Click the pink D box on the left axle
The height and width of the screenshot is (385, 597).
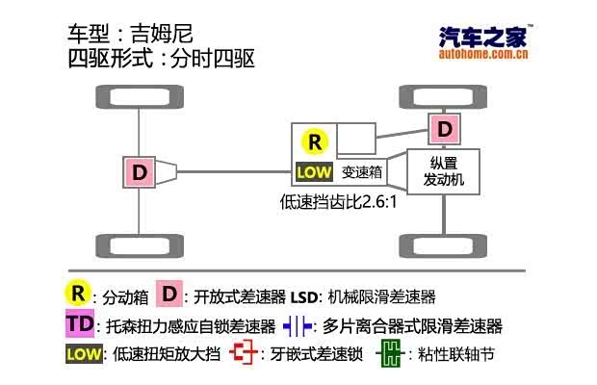click(141, 172)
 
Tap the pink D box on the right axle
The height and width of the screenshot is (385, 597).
click(444, 128)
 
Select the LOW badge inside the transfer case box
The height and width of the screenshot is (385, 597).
click(314, 173)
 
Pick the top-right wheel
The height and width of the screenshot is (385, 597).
click(444, 97)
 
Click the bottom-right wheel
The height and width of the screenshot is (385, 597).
click(444, 246)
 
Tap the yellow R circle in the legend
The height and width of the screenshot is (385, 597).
click(78, 294)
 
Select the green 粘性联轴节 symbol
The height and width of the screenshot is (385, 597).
click(389, 353)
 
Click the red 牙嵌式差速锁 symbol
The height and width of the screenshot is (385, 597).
click(247, 353)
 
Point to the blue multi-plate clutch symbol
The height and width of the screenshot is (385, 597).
click(298, 324)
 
